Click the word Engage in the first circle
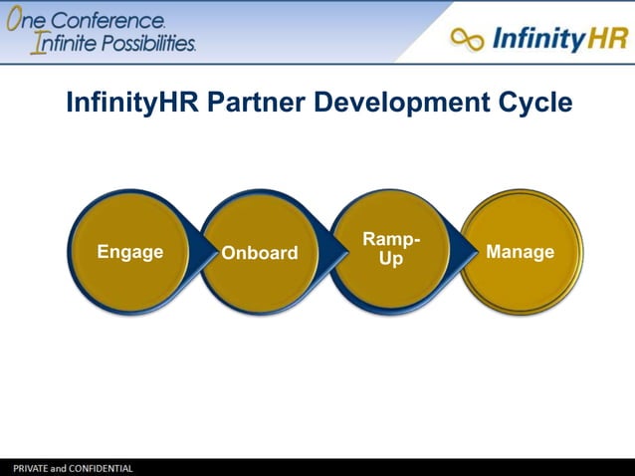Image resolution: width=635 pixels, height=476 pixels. pos(129,252)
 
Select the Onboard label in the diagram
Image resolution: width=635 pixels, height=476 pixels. pos(259,253)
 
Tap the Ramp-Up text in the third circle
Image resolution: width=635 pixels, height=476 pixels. pos(390,249)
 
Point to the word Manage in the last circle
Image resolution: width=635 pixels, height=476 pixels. pos(520,252)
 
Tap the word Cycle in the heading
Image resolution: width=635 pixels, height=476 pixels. pos(535,103)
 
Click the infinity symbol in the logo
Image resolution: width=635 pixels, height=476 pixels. pos(467,40)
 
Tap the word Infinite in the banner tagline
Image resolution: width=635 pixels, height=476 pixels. pos(61,44)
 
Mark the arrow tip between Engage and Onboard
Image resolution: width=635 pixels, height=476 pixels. pos(214,251)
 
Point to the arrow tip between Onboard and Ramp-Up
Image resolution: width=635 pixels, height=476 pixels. pos(343,251)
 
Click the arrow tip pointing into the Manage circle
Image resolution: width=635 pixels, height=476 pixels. pos(472,251)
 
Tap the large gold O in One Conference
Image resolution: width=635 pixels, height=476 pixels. pos(16,20)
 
